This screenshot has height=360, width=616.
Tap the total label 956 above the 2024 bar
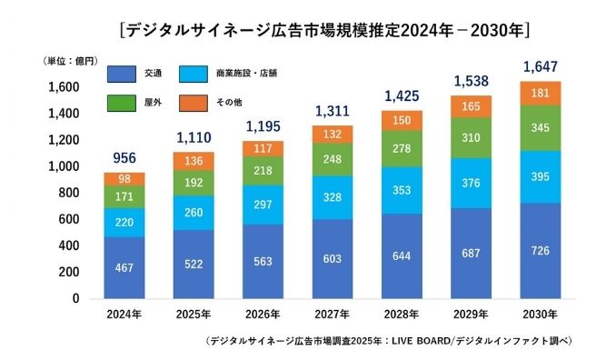[124, 158]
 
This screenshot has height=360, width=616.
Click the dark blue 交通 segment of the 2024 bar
[124, 267]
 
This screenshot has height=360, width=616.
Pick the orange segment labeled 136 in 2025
[193, 161]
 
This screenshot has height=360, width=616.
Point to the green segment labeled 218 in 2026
[262, 170]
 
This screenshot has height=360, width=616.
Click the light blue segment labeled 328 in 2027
[331, 197]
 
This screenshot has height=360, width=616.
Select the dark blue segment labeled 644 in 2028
[401, 255]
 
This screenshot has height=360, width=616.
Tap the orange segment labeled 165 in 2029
[470, 106]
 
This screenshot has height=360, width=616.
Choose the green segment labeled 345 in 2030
[539, 128]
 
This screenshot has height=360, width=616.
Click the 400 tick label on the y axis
[69, 245]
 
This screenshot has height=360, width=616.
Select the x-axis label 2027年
[331, 314]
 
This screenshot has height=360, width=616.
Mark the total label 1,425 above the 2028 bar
[401, 95]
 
